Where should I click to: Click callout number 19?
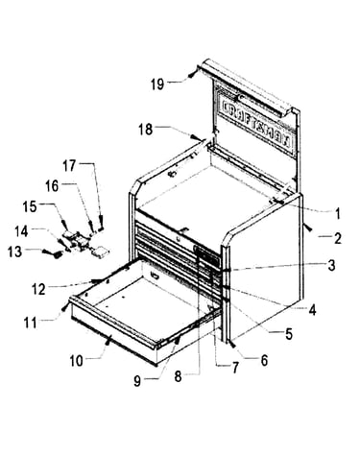coord(157,84)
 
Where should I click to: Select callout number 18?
coord(145,130)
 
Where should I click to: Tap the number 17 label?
coord(69,166)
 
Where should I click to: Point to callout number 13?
coord(14,252)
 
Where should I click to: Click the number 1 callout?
coord(337,214)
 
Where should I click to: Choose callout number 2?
coord(338,238)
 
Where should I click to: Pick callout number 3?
coord(331,265)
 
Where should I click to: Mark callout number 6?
coord(264,361)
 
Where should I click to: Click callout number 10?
coord(77,361)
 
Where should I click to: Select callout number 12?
coord(38,289)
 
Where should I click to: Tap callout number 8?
coord(178,376)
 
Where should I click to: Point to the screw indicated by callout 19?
coord(191,75)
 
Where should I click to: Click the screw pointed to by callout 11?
coord(65,306)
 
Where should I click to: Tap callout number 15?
coord(30,206)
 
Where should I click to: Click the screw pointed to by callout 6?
coord(232,345)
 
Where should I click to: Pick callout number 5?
coord(289,334)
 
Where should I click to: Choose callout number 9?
coord(137,381)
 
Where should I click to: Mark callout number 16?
coord(52,185)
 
